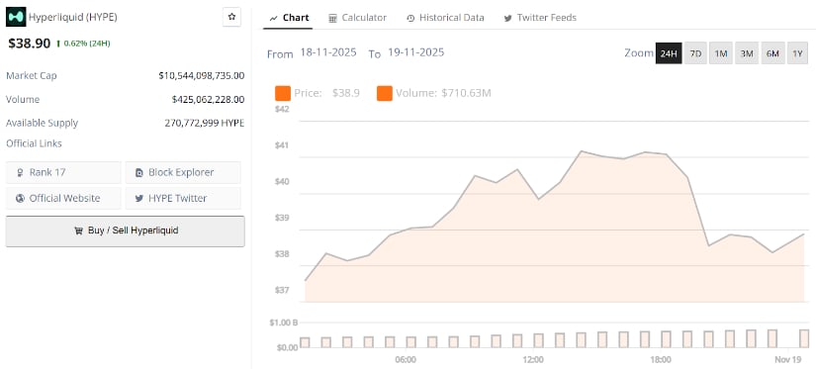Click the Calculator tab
coord(357,18)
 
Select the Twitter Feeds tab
coord(539,18)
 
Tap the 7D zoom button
coord(695,53)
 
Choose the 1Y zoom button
coord(797,53)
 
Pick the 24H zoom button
coord(669,53)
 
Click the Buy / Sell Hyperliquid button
coord(125,231)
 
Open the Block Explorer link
coord(183,172)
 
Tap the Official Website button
coord(63,198)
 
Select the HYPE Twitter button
coord(183,198)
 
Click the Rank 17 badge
coord(63,172)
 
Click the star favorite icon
coord(231,17)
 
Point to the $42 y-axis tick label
coord(282,109)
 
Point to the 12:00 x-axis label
coord(533,358)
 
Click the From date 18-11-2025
coord(328,53)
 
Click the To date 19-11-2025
coord(415,53)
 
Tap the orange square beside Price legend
coord(283,93)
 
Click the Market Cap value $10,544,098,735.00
coord(201,75)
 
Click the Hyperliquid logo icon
coord(16,18)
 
